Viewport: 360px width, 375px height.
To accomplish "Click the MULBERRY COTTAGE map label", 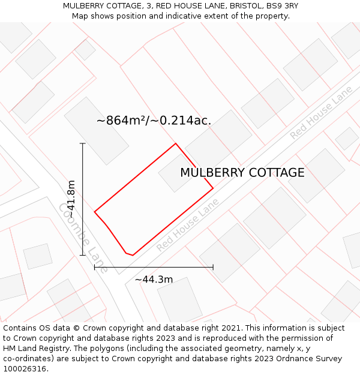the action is coord(242,173).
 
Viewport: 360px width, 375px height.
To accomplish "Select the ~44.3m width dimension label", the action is coord(154,279).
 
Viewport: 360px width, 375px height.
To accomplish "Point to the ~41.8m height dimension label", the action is coord(71,199).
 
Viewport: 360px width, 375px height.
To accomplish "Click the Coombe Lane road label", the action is coord(83,238).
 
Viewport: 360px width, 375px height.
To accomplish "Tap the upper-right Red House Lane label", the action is coord(321,113).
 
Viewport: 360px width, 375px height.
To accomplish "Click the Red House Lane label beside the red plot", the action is coord(188,226).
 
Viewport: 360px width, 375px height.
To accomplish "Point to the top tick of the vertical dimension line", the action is coord(83,144).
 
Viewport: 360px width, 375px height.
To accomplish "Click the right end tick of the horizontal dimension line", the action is coord(213,267).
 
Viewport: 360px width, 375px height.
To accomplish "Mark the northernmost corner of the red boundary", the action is coord(175,143).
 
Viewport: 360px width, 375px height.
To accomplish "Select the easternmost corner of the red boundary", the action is coord(213,189).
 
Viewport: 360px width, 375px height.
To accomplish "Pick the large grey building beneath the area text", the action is coord(96,130).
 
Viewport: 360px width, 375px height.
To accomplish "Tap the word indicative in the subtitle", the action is coord(190,16).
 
